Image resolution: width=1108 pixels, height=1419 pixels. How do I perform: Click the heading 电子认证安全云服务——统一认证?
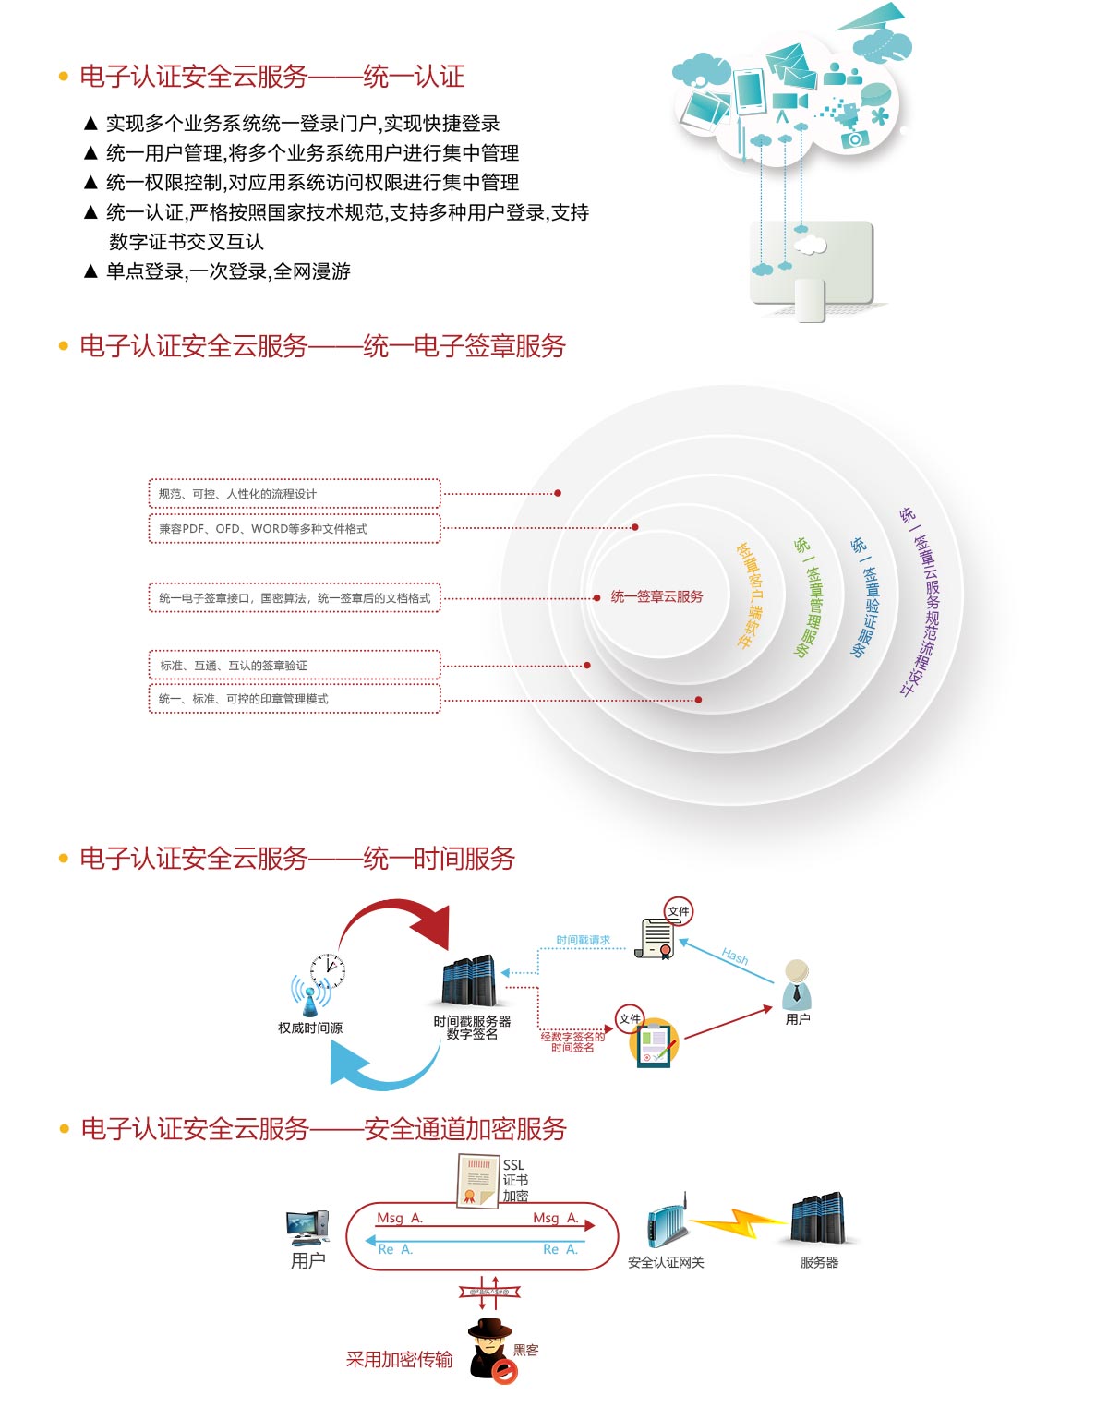[271, 77]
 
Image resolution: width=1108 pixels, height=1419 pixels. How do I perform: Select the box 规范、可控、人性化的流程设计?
[294, 494]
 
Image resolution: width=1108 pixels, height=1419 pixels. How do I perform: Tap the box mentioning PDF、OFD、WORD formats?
[294, 529]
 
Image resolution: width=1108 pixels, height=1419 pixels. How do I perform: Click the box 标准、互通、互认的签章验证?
[294, 666]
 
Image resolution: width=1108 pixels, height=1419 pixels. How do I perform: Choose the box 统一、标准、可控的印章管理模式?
[294, 699]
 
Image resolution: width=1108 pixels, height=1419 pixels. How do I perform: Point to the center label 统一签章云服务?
[656, 596]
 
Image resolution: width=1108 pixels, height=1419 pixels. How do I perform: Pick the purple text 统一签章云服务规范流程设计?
[922, 600]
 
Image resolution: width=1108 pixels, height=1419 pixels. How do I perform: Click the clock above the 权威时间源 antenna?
[328, 970]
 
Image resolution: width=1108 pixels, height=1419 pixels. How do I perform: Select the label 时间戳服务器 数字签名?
[472, 1028]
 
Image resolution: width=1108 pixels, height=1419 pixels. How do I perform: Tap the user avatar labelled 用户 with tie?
[796, 984]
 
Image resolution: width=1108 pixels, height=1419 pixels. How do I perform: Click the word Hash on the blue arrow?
[735, 956]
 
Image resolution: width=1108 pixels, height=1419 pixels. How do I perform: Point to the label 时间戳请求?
[583, 940]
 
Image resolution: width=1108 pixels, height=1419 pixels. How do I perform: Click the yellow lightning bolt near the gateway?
[739, 1223]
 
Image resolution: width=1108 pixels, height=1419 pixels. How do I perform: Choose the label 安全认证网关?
[666, 1262]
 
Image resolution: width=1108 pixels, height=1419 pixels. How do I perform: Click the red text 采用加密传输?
[399, 1359]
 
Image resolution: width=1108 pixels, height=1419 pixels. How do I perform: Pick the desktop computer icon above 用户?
[307, 1228]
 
